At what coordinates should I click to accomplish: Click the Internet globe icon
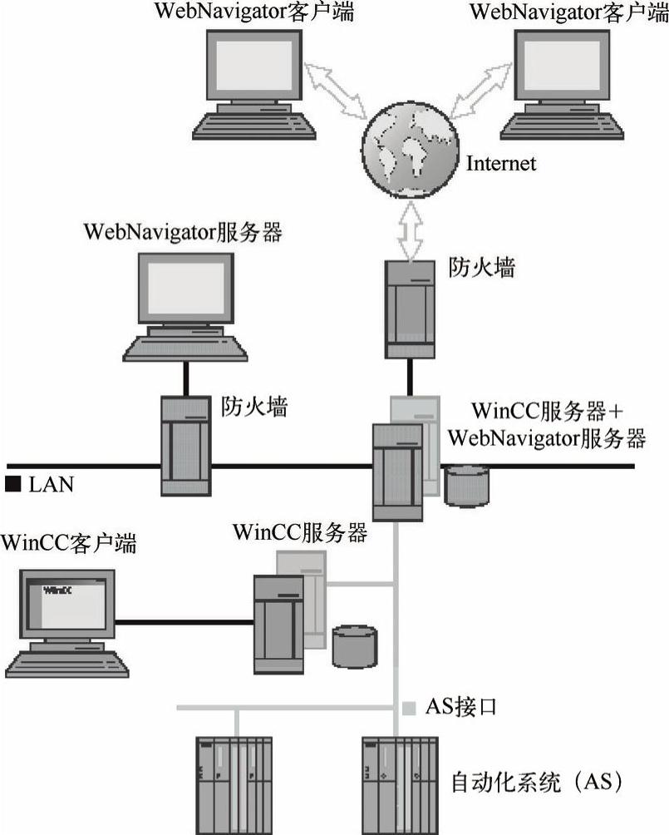pos(411,151)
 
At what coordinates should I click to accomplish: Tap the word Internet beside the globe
pos(501,163)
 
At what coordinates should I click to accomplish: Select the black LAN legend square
pos(12,483)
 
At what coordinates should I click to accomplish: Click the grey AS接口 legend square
pos(409,708)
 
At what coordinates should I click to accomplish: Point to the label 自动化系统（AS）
pos(537,782)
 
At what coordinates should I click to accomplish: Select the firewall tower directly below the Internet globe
pos(410,309)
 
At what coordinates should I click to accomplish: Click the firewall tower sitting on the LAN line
pos(186,446)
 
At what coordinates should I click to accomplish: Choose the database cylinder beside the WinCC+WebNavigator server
pos(466,485)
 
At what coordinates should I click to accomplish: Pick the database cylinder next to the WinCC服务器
pos(355,646)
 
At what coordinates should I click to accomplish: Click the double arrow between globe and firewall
pos(411,230)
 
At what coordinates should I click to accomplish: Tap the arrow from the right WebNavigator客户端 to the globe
pos(480,91)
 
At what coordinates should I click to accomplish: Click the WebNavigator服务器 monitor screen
pos(186,288)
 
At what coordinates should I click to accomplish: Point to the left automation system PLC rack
pos(234,785)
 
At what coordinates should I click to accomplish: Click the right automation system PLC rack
pos(401,785)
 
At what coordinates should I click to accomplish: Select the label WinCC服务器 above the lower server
pos(300,532)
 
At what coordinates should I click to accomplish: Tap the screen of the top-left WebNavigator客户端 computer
pos(253,65)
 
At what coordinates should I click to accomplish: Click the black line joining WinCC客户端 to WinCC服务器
pos(184,622)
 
